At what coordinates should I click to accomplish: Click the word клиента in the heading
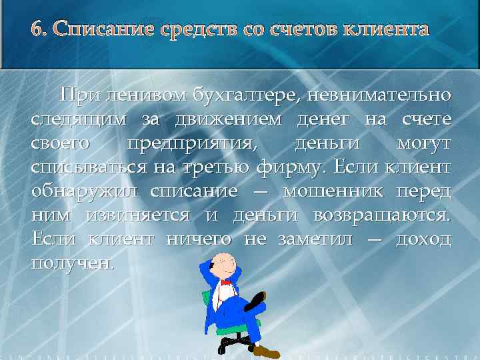click(x=386, y=30)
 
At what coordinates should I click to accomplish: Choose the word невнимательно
click(x=386, y=96)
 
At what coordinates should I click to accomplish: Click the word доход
click(x=423, y=239)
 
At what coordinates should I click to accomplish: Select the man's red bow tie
click(x=225, y=283)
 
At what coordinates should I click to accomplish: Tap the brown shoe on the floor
click(x=266, y=350)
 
